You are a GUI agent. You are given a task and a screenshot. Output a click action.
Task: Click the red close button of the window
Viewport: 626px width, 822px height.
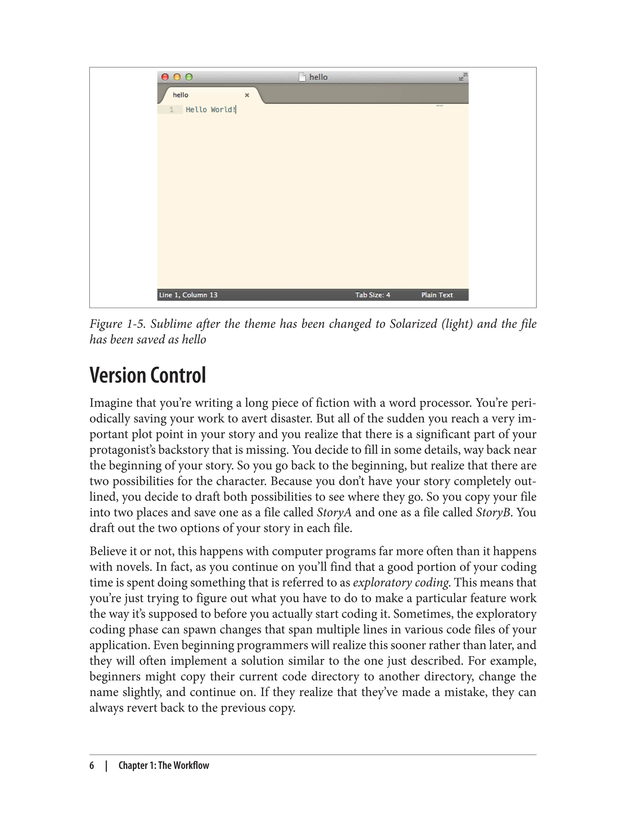(165, 77)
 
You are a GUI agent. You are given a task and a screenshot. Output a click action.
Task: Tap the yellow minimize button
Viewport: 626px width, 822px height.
(177, 77)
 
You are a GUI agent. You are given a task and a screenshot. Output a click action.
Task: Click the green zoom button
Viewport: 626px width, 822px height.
(189, 77)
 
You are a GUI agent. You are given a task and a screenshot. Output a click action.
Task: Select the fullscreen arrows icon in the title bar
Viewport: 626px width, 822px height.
(462, 77)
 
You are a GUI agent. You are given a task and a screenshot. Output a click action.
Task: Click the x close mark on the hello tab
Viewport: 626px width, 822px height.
(247, 95)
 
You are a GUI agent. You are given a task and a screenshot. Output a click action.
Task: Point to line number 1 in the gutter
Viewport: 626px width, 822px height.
(171, 109)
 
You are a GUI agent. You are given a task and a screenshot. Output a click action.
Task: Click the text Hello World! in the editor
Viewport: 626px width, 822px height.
(211, 109)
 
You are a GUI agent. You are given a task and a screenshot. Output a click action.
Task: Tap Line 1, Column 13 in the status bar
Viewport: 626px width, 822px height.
(188, 295)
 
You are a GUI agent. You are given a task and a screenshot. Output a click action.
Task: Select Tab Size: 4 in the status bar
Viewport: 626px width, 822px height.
(372, 295)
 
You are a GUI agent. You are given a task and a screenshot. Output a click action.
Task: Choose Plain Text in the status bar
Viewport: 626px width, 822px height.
(437, 295)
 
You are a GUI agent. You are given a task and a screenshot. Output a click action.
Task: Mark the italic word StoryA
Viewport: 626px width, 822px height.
(334, 513)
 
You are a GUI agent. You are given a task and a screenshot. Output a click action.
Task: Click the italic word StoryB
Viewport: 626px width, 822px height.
(493, 513)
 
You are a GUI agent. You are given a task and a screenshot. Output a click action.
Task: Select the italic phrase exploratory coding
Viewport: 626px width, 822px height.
(400, 583)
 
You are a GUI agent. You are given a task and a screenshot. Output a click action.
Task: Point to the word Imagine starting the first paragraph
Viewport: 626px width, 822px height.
(111, 403)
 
